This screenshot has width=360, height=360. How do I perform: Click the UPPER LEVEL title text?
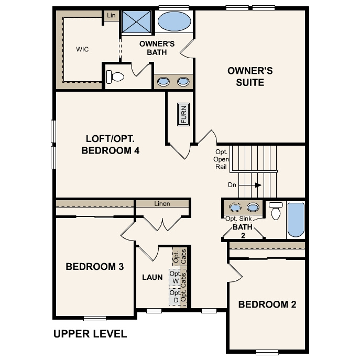(90, 333)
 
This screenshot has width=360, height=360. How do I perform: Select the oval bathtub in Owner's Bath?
(174, 22)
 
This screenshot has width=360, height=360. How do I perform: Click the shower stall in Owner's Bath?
(136, 22)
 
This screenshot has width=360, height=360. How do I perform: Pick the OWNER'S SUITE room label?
(250, 77)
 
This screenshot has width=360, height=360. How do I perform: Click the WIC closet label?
(82, 49)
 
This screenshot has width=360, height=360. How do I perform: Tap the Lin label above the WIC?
(111, 16)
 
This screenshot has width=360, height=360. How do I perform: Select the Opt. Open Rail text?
(221, 159)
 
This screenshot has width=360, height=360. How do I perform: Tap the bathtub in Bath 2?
(296, 220)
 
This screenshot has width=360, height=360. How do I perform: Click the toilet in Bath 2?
(276, 211)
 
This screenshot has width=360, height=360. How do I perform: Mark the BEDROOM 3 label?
(95, 267)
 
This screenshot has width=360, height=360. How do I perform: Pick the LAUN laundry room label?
(152, 277)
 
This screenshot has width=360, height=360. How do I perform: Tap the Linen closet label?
(162, 203)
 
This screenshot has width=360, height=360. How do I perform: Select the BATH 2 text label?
(243, 231)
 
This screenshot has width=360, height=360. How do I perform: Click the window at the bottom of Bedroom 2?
(267, 352)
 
